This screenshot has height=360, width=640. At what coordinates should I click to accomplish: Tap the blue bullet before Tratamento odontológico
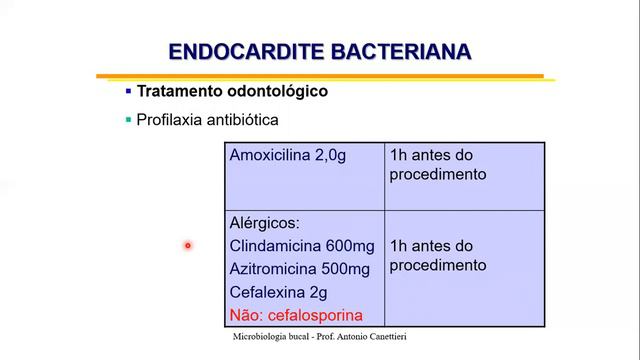click(128, 91)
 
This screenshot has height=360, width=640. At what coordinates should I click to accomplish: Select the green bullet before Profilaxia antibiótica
click(128, 120)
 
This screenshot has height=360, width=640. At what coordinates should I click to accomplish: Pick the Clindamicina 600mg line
click(301, 246)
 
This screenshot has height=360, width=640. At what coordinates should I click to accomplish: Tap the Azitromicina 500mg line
click(299, 269)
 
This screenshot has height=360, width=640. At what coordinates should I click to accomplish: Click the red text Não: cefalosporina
click(296, 314)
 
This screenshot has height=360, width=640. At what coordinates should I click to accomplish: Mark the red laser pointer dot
click(187, 245)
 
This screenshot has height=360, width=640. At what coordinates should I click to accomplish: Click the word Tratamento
click(178, 91)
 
